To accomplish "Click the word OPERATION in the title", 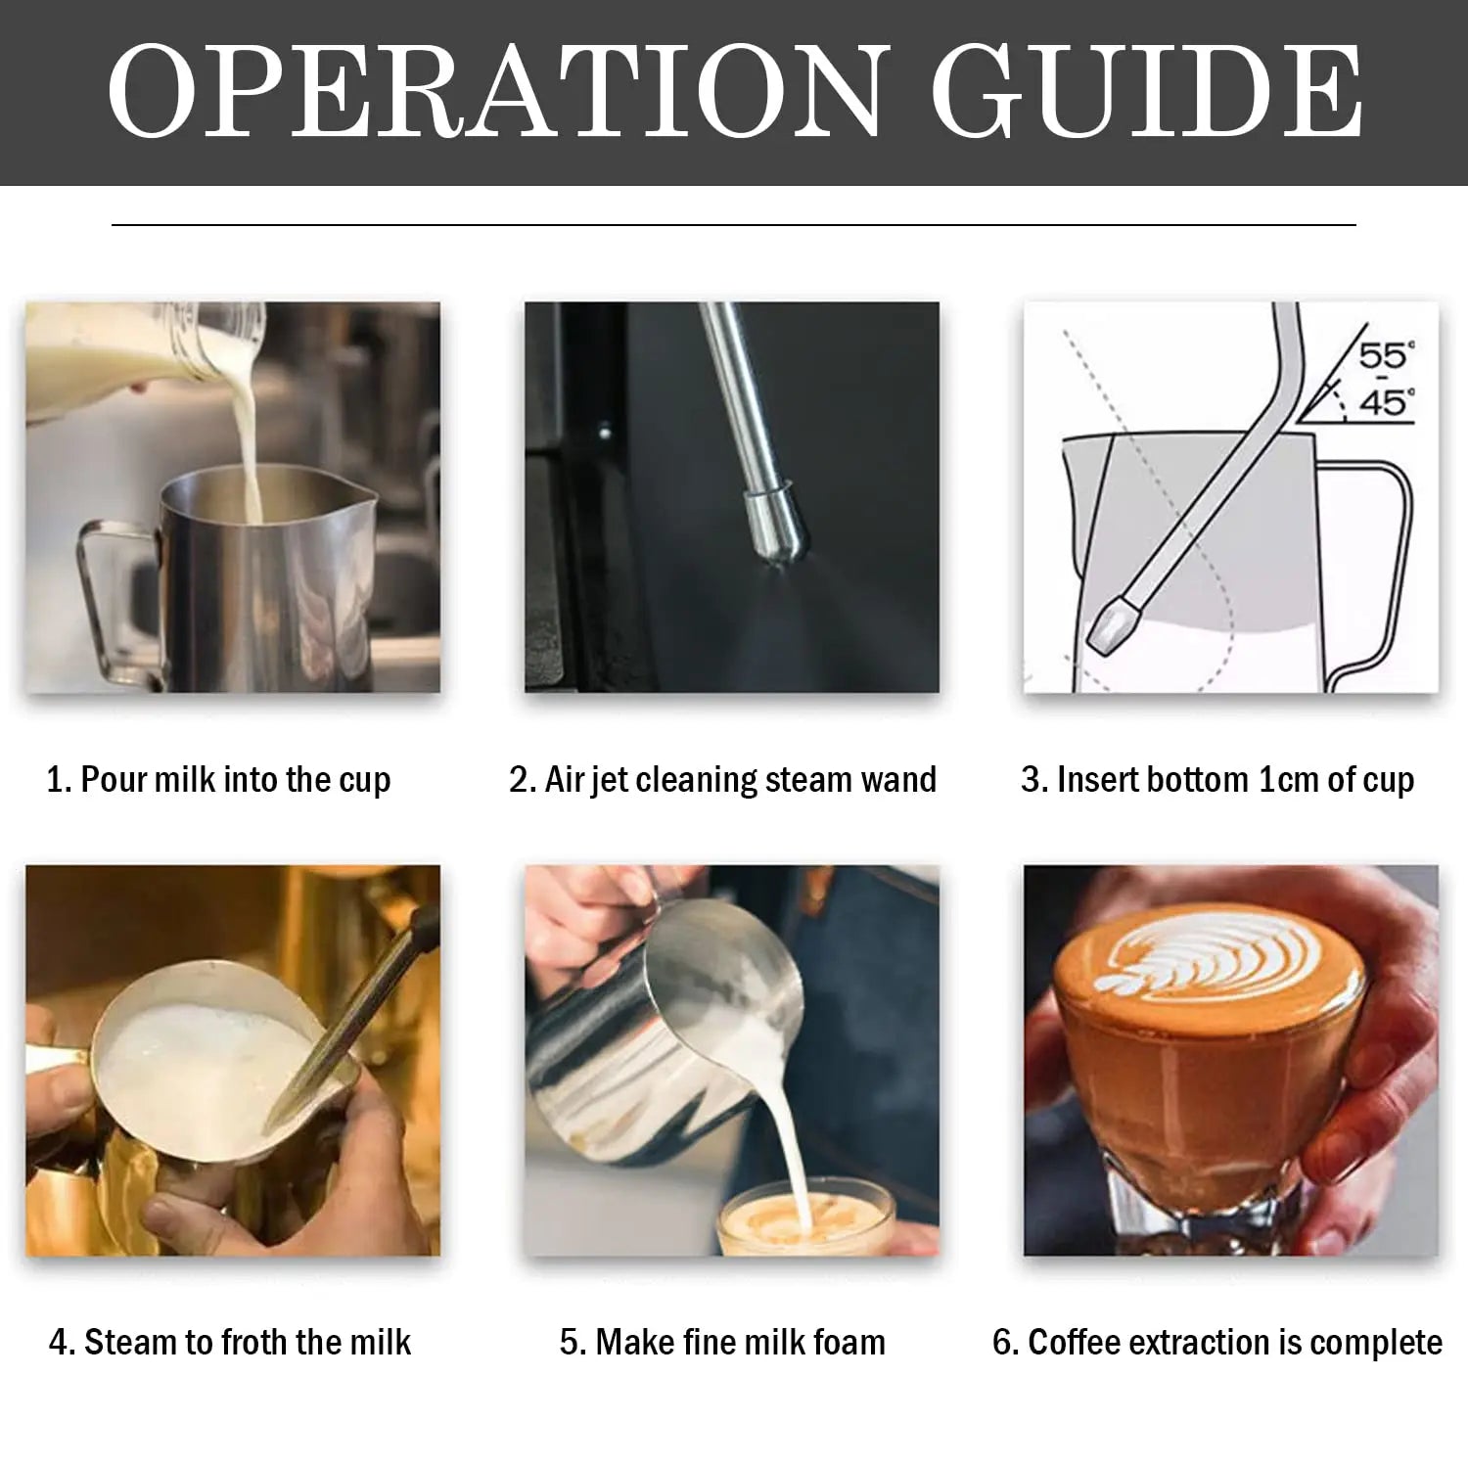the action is point(494,91).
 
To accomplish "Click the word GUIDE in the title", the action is point(1146,91).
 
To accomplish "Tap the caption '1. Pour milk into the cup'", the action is point(218,780).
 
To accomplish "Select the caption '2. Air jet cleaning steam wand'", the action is point(722,780).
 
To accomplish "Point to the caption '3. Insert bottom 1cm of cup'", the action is point(1217,780).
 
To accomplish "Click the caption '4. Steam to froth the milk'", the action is point(230,1342).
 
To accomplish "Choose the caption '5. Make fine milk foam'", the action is point(722,1342).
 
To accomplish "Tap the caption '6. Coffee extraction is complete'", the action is point(1217,1342).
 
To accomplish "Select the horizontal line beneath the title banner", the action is point(734,225).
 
